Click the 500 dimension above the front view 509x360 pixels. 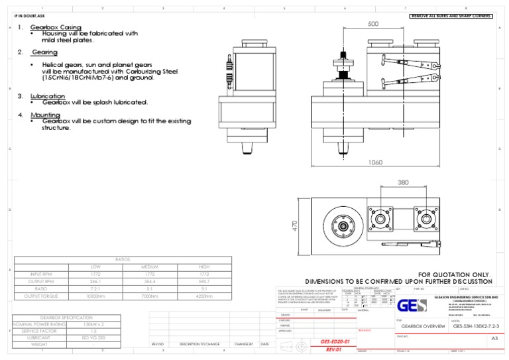tap(373, 23)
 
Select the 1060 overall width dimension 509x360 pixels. tap(376, 162)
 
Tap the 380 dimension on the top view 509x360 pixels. tap(402, 182)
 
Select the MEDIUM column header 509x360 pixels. tap(150, 267)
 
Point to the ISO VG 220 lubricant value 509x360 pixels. tap(97, 337)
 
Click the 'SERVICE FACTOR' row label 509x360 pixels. tap(40, 330)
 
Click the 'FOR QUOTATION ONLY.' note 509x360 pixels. tap(455, 274)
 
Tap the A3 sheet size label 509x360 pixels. tap(493, 338)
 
